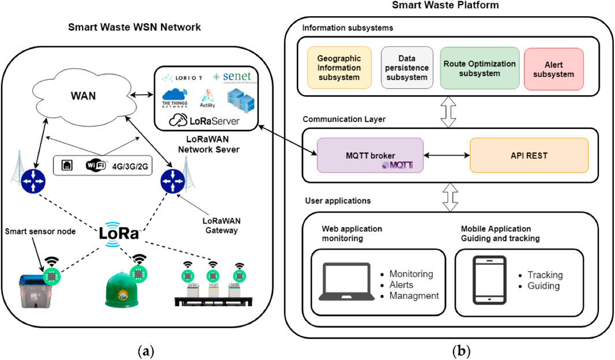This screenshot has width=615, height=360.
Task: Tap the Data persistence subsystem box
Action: (x=406, y=68)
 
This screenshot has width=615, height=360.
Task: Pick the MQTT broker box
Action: (x=370, y=155)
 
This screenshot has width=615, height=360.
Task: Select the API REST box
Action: (x=529, y=155)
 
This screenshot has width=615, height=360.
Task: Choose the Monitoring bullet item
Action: (x=411, y=274)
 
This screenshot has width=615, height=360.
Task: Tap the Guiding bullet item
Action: (x=543, y=286)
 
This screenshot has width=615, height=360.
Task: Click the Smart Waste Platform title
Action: (x=445, y=5)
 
